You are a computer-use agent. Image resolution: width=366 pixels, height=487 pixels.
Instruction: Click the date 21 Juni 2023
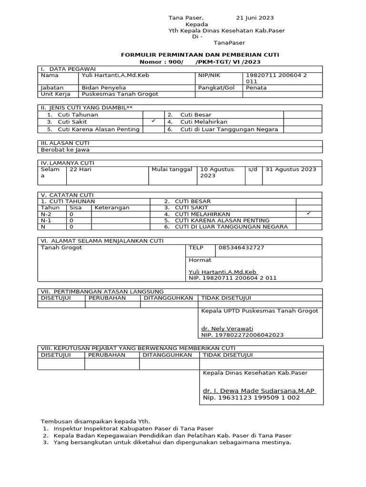[255, 18]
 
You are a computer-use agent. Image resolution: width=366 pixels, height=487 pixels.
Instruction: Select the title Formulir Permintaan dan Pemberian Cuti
[200, 55]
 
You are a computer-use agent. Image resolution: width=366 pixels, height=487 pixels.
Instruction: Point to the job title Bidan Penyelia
[102, 88]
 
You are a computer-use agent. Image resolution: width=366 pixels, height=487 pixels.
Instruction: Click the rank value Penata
[256, 88]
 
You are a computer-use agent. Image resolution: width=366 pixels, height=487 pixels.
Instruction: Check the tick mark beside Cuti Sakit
[153, 122]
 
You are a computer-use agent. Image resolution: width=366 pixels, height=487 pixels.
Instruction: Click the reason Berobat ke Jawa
[65, 149]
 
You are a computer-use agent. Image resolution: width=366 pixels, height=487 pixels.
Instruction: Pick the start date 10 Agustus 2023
[217, 172]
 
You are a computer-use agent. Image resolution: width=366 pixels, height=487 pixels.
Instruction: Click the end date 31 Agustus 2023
[290, 169]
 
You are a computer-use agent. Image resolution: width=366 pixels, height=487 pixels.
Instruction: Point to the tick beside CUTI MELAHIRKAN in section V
[309, 214]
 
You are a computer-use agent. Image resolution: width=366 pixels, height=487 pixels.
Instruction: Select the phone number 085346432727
[241, 248]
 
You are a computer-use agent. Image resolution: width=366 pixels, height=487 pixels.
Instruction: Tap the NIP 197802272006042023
[243, 335]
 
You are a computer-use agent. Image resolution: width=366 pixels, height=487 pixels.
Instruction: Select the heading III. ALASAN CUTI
[65, 143]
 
